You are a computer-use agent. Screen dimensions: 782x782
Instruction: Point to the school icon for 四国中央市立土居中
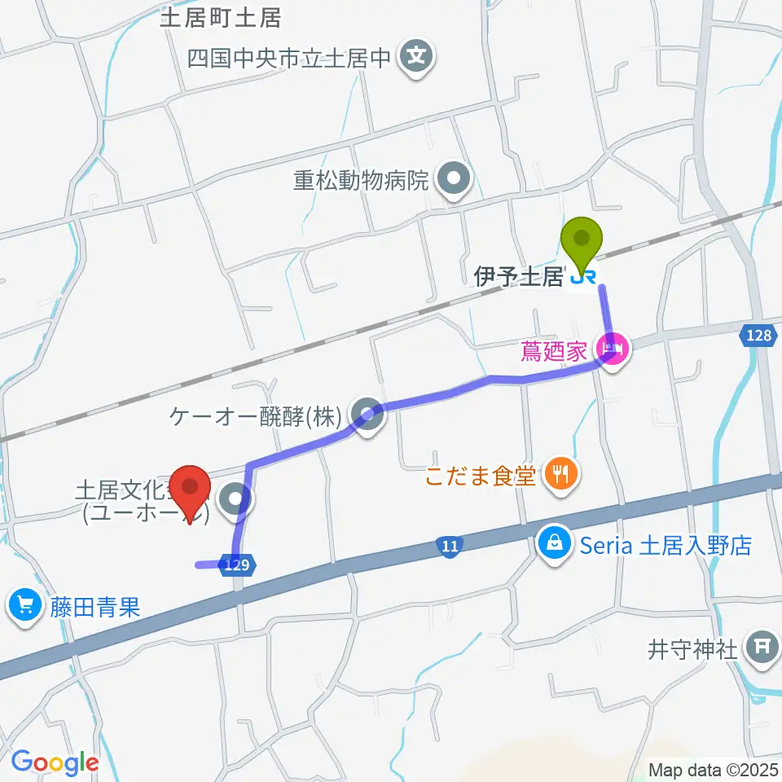click(417, 57)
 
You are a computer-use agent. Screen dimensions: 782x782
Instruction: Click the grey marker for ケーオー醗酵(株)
click(367, 416)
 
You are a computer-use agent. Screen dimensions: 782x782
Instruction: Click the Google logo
click(55, 762)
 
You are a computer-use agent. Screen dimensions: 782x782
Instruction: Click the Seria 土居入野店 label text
click(666, 545)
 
